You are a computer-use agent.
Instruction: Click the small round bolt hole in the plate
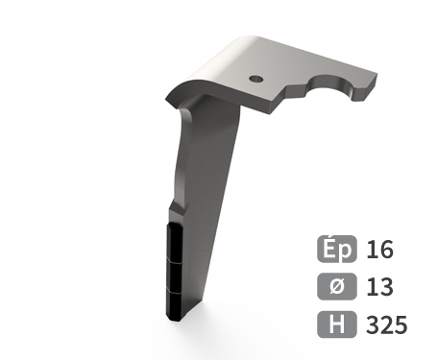pos(256,79)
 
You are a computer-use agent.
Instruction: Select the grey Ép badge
pos(337,249)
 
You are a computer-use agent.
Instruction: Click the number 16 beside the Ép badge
pos(379,250)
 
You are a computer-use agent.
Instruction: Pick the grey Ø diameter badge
pos(337,286)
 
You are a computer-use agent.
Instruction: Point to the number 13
pos(379,287)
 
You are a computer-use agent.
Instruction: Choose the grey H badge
pos(337,324)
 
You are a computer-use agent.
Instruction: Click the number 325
pos(387,324)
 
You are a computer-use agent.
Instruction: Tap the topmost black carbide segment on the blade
pos(175,241)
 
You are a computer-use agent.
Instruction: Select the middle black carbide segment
pos(175,276)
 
